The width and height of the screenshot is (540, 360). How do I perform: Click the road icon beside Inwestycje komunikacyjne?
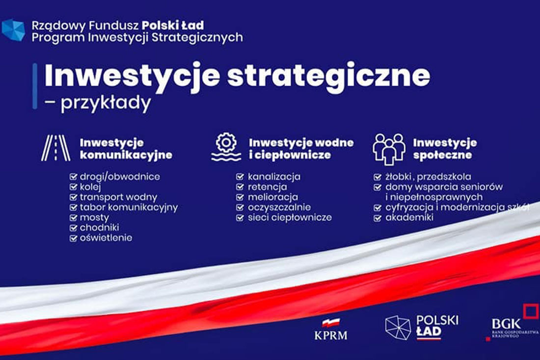[56, 148]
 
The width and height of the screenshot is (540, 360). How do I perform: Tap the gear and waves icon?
[226, 147]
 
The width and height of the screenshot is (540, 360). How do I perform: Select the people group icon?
[389, 149]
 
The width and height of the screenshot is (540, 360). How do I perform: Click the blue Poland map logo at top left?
[13, 30]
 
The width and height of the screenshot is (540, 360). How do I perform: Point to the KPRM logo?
[330, 330]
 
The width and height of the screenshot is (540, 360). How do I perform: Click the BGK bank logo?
[513, 323]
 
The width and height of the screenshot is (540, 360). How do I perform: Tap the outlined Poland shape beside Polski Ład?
[398, 328]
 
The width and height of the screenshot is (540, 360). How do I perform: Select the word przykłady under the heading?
[106, 103]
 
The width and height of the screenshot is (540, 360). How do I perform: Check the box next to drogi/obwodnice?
[73, 177]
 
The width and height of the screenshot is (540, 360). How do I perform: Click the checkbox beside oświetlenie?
[73, 238]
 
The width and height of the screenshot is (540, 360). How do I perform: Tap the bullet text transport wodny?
[118, 197]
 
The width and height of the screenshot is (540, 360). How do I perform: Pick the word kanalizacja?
[274, 177]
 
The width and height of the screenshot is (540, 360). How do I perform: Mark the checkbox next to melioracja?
[240, 197]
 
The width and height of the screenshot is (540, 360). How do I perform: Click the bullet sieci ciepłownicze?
[290, 218]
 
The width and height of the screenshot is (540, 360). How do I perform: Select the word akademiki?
[409, 218]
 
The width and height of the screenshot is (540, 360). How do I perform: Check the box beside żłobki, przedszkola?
[378, 177]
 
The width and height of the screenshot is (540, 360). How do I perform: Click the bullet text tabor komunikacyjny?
[129, 207]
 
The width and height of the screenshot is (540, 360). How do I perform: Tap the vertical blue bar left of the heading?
[35, 86]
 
